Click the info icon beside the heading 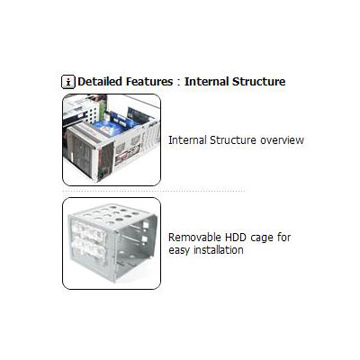pos(68,82)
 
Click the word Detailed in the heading pos(100,82)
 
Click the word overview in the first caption pos(282,140)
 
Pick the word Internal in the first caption pos(187,140)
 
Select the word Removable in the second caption pos(193,238)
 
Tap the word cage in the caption pos(262,238)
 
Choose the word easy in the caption pos(179,250)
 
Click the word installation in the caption pos(219,249)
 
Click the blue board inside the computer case pos(109,128)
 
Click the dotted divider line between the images pos(154,191)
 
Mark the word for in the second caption pos(284,238)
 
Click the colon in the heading pos(179,83)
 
